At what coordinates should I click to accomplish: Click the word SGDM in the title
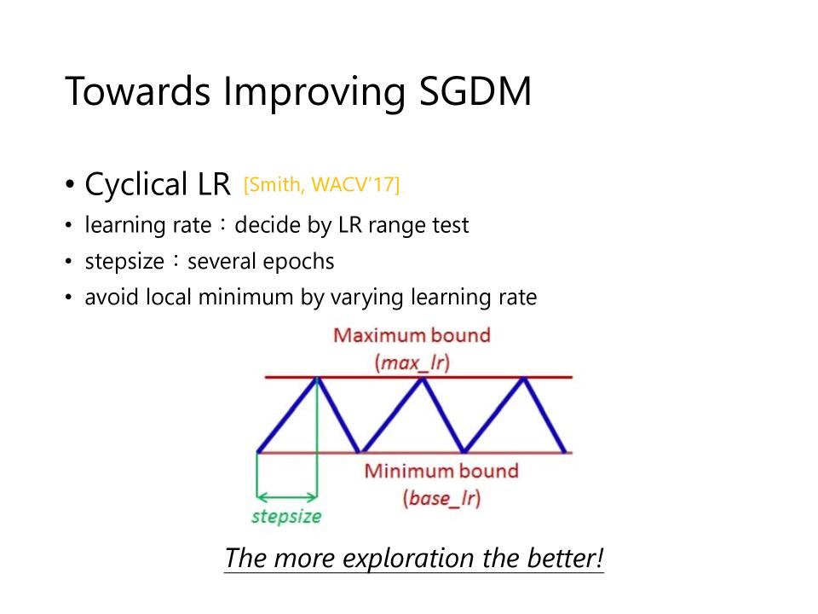475,91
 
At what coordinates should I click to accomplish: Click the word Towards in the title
138,91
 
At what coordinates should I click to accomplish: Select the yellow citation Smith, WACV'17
321,185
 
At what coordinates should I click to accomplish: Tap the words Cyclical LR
158,184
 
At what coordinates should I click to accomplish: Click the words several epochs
261,261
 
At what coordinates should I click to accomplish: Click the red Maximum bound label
412,335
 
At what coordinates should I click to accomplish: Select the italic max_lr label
412,362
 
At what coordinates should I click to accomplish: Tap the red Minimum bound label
441,471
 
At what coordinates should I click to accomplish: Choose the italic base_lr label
441,498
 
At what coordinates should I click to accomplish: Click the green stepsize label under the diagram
286,517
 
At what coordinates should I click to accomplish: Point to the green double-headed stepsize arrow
286,496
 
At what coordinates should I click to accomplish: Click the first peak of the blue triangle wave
317,378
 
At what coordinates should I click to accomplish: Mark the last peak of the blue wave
524,378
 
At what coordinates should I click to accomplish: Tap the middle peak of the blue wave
423,378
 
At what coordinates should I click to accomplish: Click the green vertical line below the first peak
317,437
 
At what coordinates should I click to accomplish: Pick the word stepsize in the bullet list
124,261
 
